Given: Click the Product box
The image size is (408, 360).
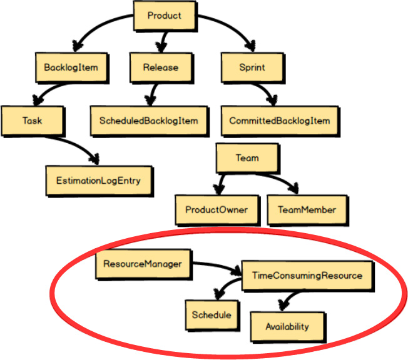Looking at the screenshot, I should pos(164,16).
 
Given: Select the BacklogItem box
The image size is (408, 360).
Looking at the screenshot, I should pos(67,67).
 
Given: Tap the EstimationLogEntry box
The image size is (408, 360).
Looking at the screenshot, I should pos(98,181).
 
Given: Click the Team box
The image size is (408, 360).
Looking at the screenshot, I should pos(247,159).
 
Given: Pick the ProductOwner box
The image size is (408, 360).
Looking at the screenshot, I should pos(217,210).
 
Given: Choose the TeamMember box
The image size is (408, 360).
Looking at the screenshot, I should pos(306,210).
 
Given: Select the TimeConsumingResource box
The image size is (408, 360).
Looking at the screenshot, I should pos(307,275).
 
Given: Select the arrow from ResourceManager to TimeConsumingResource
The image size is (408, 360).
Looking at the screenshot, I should pos(216,267).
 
